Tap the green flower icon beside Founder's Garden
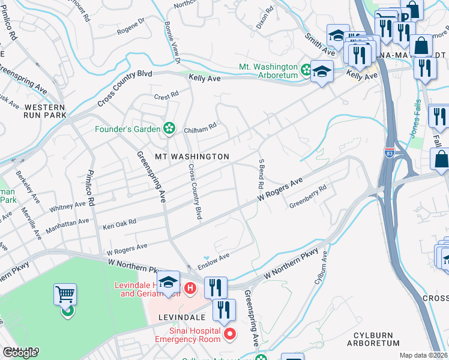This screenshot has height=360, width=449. [x=170, y=128]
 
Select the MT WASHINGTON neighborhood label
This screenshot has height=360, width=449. [x=192, y=157]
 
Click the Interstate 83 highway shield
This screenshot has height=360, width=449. [x=390, y=152]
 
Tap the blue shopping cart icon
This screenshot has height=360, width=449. [x=65, y=294]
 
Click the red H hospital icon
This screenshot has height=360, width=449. [x=190, y=289]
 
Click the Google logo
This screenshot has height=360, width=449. [x=20, y=353]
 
